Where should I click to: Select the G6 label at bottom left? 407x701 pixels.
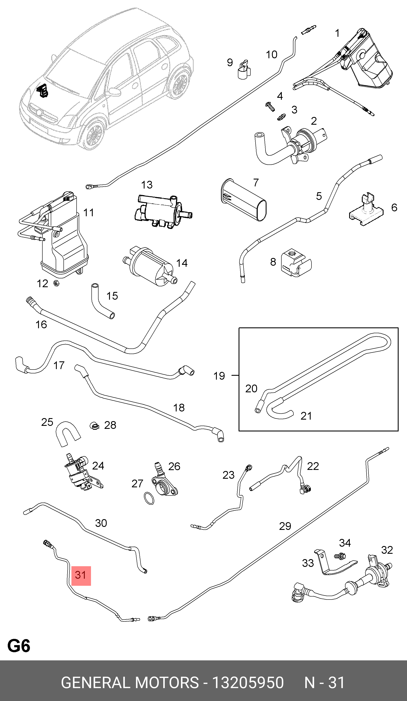(19, 646)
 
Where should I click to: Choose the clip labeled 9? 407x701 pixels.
(244, 70)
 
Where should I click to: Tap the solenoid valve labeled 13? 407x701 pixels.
(162, 211)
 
